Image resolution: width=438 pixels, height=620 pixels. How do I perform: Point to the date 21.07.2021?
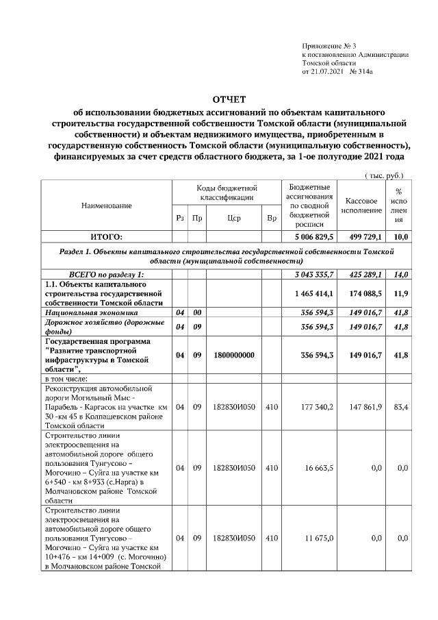point(326,71)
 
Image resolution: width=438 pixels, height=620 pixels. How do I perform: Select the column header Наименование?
point(106,206)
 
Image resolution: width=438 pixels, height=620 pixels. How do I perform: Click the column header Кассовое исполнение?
point(363,206)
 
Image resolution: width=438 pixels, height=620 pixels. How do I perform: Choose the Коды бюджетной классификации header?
point(227,193)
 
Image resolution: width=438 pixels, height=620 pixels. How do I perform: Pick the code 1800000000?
point(234,355)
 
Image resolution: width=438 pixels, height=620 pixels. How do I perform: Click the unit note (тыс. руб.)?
point(385,175)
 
